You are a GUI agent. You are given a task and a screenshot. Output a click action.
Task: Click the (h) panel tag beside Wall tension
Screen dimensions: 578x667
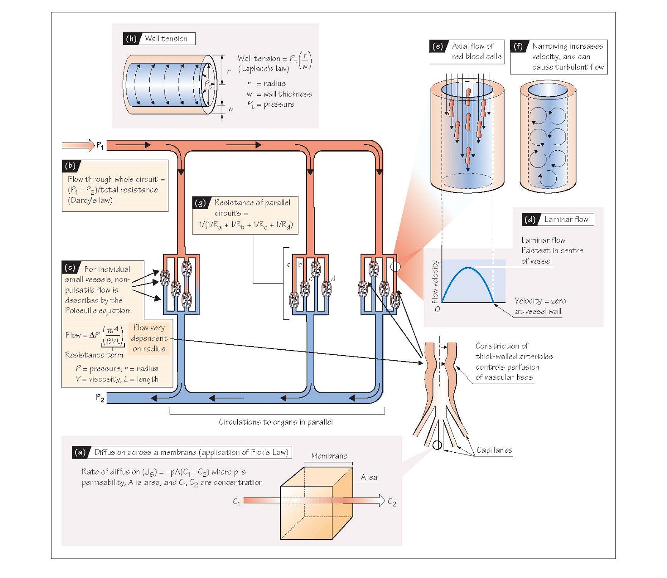131,39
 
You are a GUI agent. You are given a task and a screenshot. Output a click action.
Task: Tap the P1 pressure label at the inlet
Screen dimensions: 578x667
100,145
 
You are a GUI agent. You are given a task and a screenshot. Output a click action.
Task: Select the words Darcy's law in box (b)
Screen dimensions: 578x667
90,200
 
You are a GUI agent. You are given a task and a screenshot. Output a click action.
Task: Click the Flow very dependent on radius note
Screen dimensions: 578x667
149,338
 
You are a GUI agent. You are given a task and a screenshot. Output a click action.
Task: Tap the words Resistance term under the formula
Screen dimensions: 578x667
94,355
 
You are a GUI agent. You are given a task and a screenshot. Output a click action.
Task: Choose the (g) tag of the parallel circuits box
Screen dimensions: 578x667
200,203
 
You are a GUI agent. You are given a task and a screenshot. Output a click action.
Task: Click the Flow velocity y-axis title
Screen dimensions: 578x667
435,282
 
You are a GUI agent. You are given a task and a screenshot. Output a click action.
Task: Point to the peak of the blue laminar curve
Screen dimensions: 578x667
467,268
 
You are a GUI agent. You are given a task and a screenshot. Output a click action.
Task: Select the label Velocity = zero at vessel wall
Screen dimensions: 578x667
540,306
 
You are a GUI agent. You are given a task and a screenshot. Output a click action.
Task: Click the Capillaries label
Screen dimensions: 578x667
494,450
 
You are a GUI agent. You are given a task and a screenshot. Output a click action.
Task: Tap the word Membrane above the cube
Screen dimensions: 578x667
329,456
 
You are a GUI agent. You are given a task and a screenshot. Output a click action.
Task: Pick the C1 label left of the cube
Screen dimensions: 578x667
236,501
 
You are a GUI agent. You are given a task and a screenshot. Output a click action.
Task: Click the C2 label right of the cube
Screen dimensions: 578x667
392,502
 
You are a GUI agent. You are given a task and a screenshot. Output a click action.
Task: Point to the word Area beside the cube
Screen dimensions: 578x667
369,477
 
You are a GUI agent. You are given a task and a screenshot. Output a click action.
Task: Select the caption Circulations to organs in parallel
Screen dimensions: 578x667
275,422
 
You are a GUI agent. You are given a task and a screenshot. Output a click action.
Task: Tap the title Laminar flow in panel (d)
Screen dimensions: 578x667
566,219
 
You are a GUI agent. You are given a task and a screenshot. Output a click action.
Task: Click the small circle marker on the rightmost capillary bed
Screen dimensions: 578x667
395,267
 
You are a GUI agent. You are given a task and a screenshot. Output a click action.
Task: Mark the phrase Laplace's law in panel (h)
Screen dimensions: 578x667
264,69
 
